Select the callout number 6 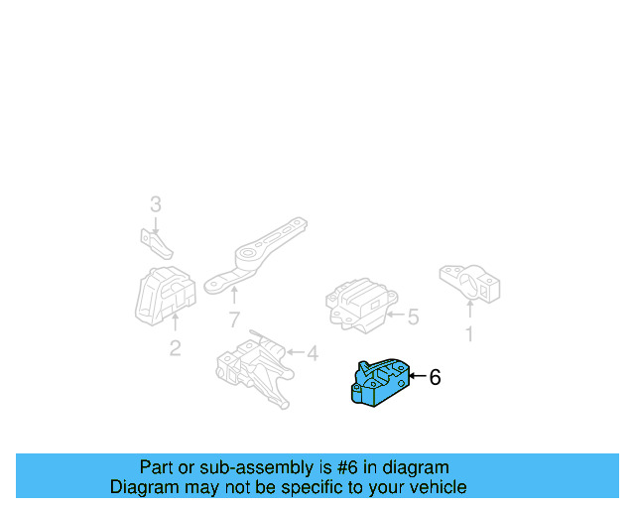point(435,377)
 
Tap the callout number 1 point(469,335)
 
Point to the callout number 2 point(175,348)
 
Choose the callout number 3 point(155,205)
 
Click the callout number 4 point(312,352)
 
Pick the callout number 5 point(413,317)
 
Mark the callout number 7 point(234,319)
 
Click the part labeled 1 point(469,283)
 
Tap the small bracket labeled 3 point(152,242)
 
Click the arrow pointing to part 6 point(417,377)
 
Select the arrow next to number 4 point(294,352)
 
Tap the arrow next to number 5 point(394,317)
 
